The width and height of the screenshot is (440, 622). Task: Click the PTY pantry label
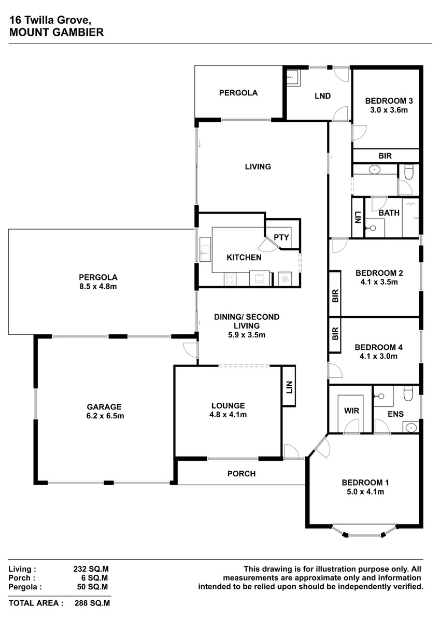click(281, 237)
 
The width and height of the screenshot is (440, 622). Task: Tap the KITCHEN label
click(244, 258)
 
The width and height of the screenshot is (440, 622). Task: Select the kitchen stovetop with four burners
click(230, 279)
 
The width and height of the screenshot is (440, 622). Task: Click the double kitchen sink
click(205, 249)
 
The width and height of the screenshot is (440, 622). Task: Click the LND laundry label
click(322, 96)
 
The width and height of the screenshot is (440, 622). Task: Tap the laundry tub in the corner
click(293, 77)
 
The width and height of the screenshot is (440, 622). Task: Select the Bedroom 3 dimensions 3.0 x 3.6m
click(389, 110)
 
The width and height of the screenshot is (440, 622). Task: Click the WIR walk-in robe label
click(351, 411)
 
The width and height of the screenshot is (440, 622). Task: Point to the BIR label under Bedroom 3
click(385, 156)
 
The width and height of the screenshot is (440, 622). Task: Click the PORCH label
click(242, 474)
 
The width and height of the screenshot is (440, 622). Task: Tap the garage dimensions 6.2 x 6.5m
click(105, 416)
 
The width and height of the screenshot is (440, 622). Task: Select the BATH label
click(389, 213)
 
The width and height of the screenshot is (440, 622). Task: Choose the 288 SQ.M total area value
click(92, 603)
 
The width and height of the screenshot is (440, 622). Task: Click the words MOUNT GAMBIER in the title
click(56, 33)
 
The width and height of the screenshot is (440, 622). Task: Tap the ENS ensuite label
click(395, 414)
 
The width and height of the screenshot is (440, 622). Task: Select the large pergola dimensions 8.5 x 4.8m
click(98, 287)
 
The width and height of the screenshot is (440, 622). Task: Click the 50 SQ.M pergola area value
click(92, 587)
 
